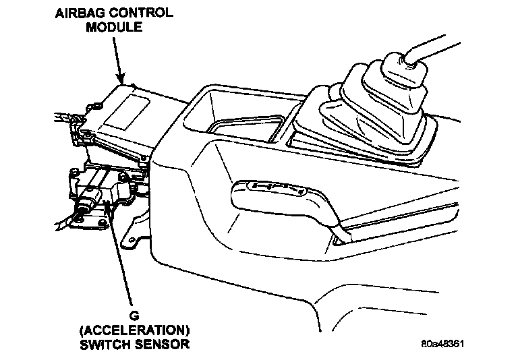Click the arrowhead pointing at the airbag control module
pyautogui.click(x=121, y=80)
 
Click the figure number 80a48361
pyautogui.click(x=442, y=344)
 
